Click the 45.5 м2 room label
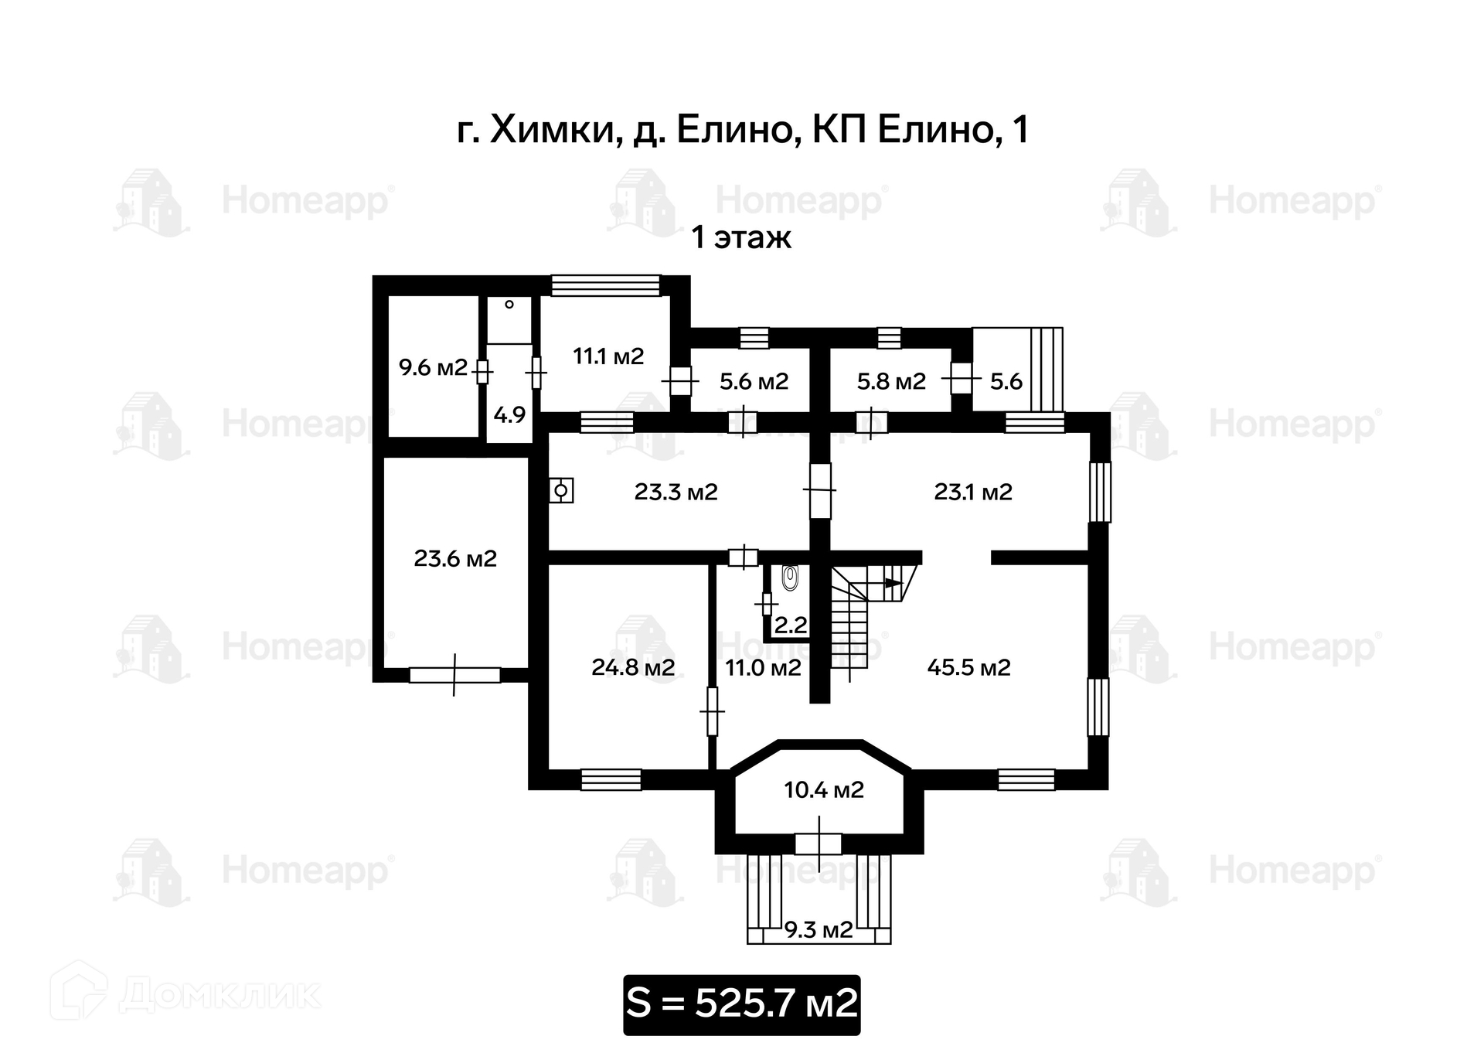pos(968,667)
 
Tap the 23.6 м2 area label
pos(455,558)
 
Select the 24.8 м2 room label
pos(633,667)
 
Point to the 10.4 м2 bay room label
pos(823,790)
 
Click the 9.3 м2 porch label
pos(819,929)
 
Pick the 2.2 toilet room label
pos(791,625)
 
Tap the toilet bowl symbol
pos(789,578)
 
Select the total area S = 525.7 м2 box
pos(741,1004)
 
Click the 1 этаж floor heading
pos(741,237)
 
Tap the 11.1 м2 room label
pos(608,356)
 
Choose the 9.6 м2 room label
pos(433,367)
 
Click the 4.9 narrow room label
pos(509,415)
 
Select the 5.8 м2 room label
pos(891,381)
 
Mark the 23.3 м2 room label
pos(676,492)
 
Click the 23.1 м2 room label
pos(973,492)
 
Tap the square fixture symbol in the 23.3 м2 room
pos(561,490)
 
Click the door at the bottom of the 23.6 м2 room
pos(454,675)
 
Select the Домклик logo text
pos(220,995)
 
